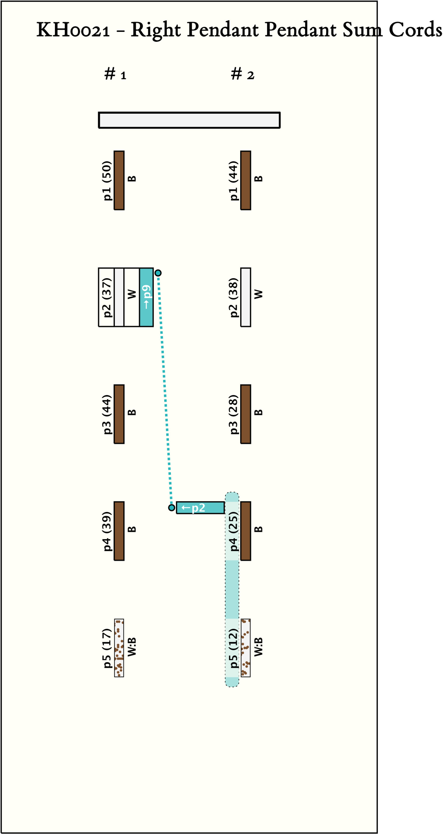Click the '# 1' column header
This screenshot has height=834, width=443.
(x=115, y=74)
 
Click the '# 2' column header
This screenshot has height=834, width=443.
(x=242, y=74)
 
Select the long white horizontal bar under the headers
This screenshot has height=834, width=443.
(x=189, y=120)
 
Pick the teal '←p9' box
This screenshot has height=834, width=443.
(x=146, y=297)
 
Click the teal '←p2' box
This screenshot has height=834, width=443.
(x=200, y=508)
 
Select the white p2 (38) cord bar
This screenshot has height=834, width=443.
(x=246, y=297)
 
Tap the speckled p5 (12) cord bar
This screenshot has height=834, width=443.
(x=246, y=648)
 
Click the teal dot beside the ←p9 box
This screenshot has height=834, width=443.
(x=158, y=273)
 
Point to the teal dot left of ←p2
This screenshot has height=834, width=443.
(x=172, y=508)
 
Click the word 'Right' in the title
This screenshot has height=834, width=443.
(x=156, y=30)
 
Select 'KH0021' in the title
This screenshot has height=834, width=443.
(x=73, y=30)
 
